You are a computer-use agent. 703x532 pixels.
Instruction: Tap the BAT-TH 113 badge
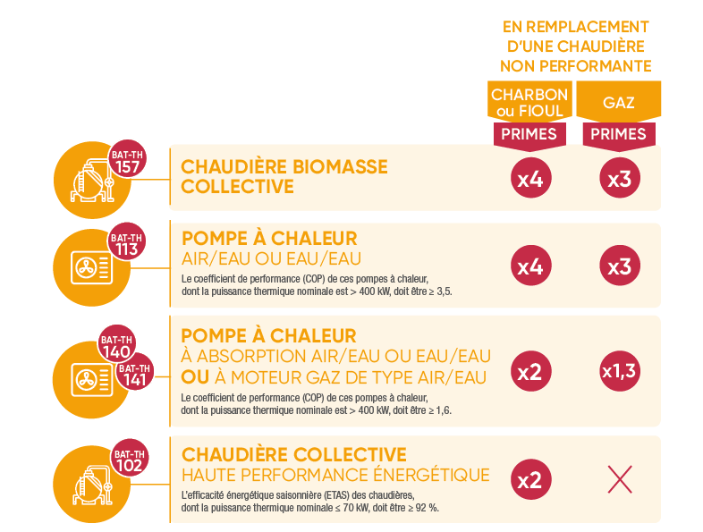pos(127,244)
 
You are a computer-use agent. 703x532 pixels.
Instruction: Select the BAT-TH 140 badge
pos(115,347)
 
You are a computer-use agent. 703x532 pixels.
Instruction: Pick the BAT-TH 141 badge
pos(135,375)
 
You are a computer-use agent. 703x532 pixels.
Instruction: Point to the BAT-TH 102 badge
pos(129,460)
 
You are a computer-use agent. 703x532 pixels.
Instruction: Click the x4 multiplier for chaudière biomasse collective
pos(529,179)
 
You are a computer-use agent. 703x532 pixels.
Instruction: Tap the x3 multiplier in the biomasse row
pos(619,179)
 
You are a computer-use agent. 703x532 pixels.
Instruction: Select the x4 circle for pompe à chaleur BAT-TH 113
pos(529,266)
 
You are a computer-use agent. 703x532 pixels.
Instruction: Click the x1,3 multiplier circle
pos(619,370)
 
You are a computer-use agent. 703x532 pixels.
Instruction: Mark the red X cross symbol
pos(619,479)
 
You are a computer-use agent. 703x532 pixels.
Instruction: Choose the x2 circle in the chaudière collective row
pos(529,479)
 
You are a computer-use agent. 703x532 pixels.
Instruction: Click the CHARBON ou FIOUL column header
pos(529,102)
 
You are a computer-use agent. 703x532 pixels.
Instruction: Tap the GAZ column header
pos(619,102)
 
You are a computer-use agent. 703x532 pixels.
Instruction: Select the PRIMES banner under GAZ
pos(619,134)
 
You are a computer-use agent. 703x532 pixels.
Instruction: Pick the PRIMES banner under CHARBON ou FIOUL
pos(529,134)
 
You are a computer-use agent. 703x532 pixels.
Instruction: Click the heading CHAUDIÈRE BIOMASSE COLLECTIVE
pos(284,176)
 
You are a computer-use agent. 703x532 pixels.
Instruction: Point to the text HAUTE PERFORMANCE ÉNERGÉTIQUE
pos(335,474)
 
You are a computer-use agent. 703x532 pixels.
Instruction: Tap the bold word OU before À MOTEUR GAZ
pos(195,377)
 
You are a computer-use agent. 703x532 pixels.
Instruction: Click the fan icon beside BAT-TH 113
pos(89,266)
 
